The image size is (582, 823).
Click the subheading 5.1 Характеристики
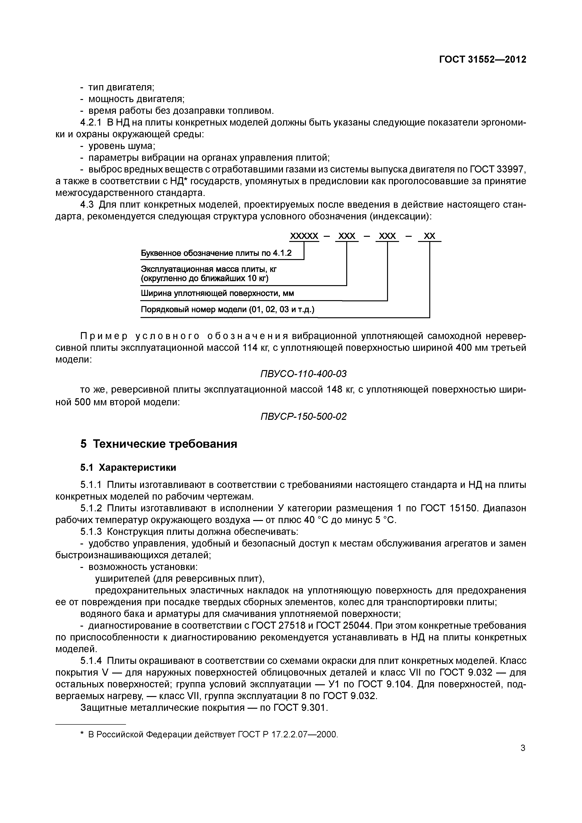(128, 467)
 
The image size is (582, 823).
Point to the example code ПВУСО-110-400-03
(303, 374)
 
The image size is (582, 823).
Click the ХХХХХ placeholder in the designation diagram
(304, 236)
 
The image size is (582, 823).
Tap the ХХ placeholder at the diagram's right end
(429, 236)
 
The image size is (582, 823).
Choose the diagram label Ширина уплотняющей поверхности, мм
(217, 294)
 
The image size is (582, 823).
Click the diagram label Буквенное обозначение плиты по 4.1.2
(216, 253)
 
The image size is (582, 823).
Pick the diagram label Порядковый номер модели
(227, 309)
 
